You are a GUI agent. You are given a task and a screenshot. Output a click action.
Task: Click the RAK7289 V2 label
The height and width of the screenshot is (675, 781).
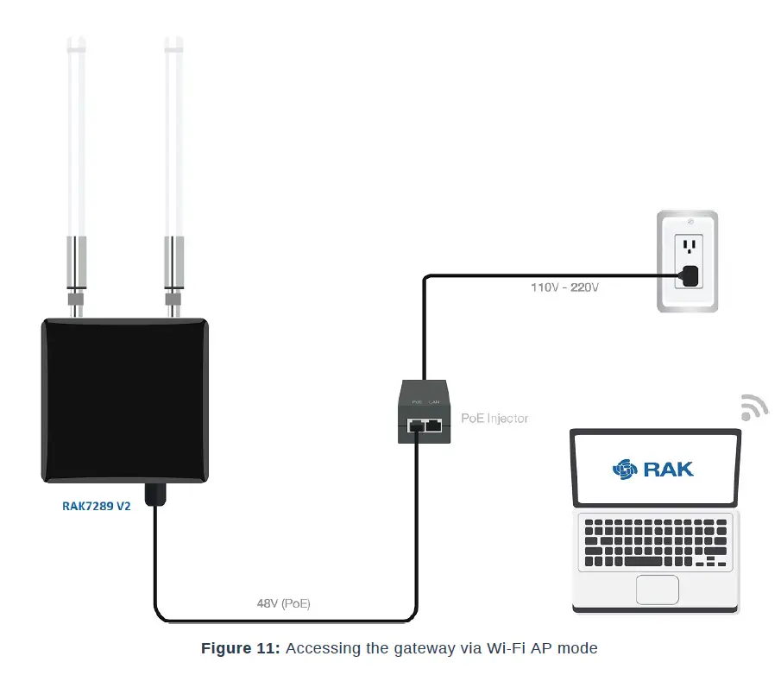pos(96,507)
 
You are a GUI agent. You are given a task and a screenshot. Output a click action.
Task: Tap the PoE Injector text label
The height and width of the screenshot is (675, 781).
pos(494,418)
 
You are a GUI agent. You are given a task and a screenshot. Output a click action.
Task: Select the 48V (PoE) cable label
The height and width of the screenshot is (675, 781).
pos(283,604)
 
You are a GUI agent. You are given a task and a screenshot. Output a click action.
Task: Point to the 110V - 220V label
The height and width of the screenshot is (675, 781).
pos(564,287)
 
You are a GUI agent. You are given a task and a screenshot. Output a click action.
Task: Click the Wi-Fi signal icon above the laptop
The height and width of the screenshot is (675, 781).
pos(753,407)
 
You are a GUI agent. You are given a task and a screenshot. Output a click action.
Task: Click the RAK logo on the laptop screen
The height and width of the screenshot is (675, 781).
pos(653,469)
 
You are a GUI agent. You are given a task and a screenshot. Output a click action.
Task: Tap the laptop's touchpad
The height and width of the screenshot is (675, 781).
pos(657,590)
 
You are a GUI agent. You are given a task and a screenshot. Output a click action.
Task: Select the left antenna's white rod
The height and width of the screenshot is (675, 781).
pos(76,138)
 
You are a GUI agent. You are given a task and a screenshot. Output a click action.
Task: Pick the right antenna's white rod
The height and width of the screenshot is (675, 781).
pos(173,138)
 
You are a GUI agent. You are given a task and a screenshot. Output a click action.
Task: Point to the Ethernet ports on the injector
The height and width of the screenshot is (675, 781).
pos(425,425)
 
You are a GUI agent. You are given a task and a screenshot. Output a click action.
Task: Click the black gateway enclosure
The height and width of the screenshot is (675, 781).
pos(126,400)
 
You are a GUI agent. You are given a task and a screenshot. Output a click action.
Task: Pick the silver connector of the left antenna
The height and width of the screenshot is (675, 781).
pos(77,268)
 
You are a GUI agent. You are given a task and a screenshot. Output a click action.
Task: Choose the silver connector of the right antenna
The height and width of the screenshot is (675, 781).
pos(174,268)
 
